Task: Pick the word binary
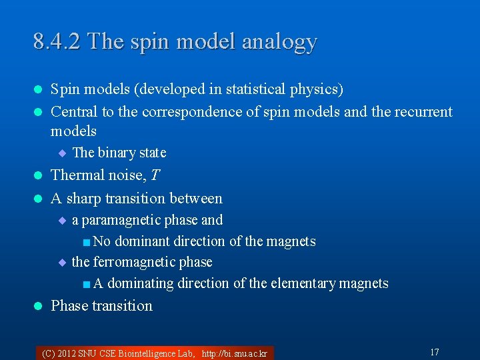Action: click(117, 153)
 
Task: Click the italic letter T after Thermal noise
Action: click(156, 175)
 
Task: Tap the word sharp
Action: click(85, 198)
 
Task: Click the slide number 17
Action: click(434, 352)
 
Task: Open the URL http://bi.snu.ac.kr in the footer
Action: click(234, 353)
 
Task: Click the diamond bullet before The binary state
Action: click(62, 153)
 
